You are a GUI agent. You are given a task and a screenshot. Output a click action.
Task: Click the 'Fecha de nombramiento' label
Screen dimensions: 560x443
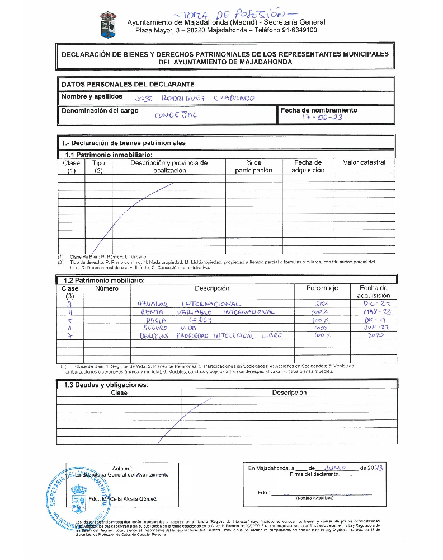[x=318, y=110]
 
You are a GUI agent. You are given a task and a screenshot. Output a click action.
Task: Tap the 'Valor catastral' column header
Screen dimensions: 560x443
[x=364, y=162]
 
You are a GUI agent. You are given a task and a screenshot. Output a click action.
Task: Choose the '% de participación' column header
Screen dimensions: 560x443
[x=253, y=166]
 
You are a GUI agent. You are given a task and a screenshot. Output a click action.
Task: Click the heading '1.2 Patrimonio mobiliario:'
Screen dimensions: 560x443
[x=105, y=280]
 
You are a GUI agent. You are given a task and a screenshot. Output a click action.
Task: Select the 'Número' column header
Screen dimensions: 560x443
[x=107, y=288]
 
